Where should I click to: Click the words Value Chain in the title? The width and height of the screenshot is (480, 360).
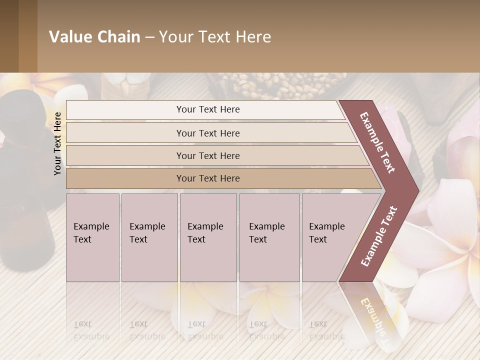coord(94,37)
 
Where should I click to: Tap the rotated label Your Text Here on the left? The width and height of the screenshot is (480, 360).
coord(58,143)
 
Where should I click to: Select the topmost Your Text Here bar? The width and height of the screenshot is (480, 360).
coord(208,109)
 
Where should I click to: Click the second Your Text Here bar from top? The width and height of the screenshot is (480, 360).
coord(208,133)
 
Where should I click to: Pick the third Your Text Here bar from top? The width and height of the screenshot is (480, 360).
coord(208,155)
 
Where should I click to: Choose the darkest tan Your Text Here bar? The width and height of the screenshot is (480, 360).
coord(208,178)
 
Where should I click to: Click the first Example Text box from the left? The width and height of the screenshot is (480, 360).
coord(92,237)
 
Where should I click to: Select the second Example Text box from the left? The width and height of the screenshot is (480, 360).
coord(149,237)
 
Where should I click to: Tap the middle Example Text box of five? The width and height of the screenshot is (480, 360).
coord(208,237)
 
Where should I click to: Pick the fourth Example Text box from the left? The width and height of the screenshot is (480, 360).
coord(269,237)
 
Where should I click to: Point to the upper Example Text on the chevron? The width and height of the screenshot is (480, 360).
coord(377,142)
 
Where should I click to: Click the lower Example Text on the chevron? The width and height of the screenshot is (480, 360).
coord(379,236)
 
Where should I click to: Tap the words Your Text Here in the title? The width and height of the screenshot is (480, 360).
coord(215,37)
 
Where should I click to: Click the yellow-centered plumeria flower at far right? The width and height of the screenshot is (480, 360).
coord(450,240)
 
